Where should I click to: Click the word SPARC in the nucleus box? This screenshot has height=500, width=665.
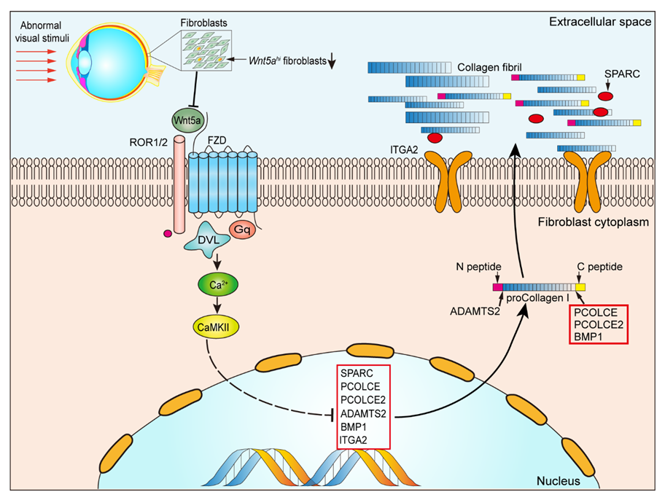355,373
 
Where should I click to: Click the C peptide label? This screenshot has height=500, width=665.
597,267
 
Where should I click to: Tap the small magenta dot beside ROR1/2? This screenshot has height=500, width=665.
168,234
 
